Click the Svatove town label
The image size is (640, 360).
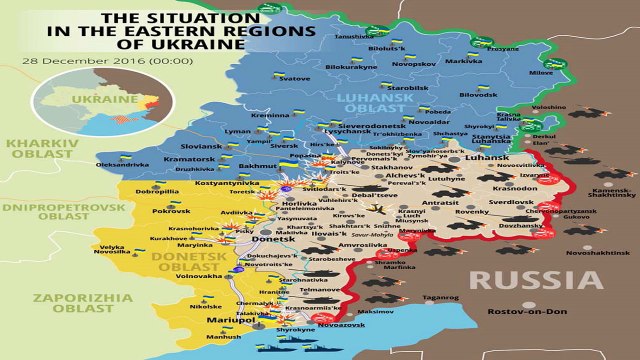click(295, 78)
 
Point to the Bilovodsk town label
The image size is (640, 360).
click(478, 95)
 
